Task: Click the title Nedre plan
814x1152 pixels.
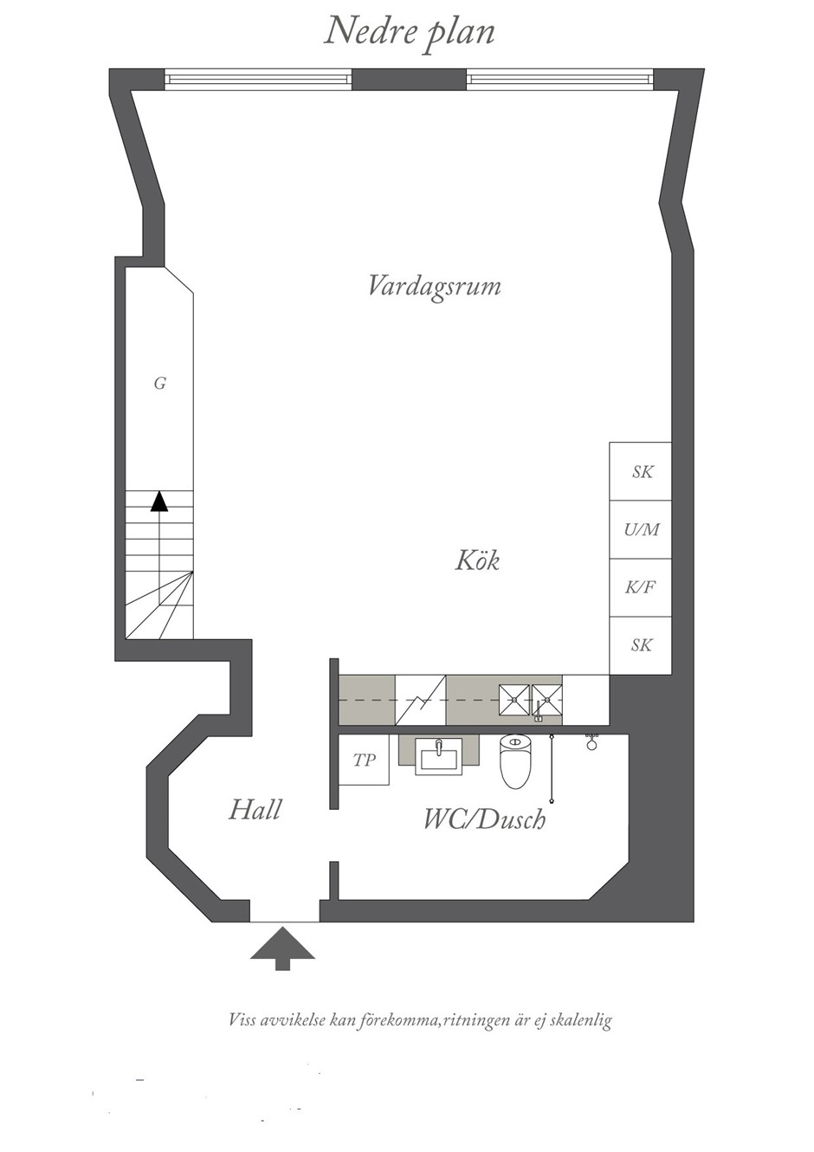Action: (409, 32)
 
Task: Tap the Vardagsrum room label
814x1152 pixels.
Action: (434, 286)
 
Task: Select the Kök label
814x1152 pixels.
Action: (477, 560)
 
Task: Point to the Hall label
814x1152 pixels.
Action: (255, 810)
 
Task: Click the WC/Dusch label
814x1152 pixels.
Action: (483, 819)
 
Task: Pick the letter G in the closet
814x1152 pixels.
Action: (159, 383)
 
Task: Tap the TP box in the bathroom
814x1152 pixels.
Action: (364, 760)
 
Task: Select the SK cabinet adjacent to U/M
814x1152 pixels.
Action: (641, 472)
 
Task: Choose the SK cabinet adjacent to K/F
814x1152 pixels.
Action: (641, 645)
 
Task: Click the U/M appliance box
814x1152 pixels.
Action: (641, 529)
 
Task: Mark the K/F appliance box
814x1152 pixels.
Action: (641, 587)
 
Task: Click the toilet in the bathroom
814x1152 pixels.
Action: (514, 761)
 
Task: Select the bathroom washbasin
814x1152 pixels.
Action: (438, 756)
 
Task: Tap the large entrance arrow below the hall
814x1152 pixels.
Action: (282, 947)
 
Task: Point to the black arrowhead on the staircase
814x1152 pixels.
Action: (159, 502)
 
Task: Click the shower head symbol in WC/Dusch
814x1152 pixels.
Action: (592, 741)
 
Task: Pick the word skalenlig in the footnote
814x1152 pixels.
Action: (580, 1020)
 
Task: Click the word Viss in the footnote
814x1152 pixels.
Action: (242, 1020)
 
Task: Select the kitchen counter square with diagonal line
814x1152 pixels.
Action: (420, 699)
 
